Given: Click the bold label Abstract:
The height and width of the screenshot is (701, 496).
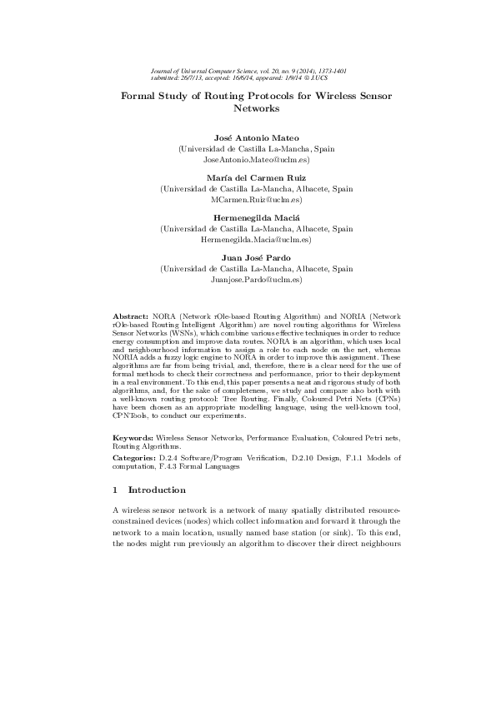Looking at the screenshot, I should point(130,318).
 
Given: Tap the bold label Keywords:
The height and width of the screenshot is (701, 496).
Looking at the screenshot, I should point(133,437).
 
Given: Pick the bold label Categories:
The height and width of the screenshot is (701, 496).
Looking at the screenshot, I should point(134,458).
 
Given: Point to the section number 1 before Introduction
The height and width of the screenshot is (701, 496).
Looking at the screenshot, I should point(116,490).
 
